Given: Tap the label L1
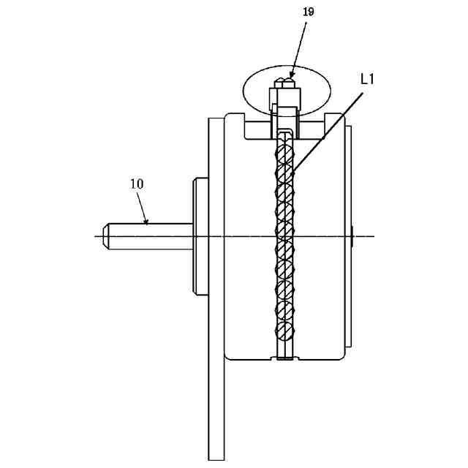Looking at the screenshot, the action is point(368,78).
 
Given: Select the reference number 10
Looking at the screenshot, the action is point(137,184).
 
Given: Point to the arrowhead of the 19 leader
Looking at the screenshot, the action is point(292,76).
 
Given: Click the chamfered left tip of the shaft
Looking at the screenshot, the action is point(107,236).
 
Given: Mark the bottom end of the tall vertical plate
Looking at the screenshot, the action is point(216,457).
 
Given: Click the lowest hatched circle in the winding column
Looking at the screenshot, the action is point(284,331).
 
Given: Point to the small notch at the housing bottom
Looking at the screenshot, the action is point(284,358).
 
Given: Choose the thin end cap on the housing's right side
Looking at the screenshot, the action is point(348,236).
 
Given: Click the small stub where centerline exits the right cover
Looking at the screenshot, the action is point(352,236).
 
